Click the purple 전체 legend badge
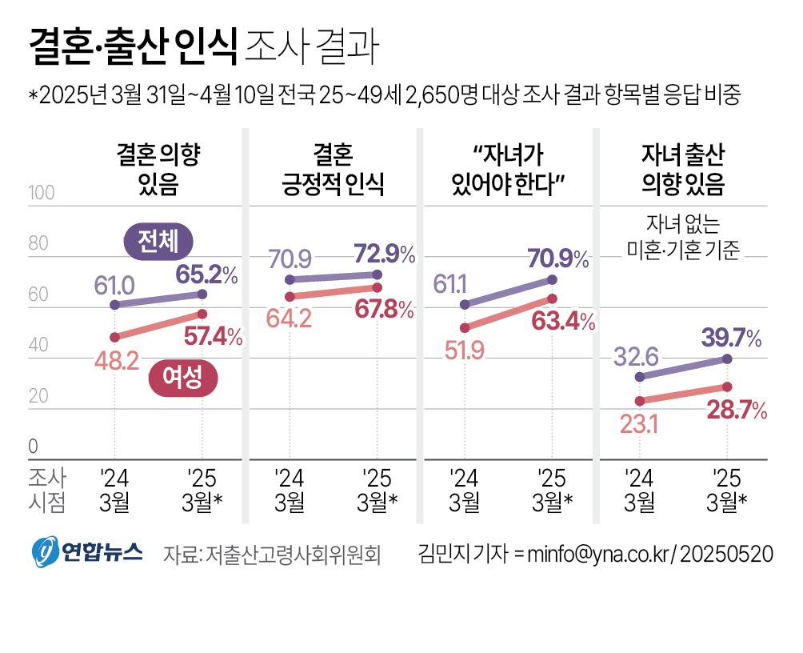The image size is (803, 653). (x=163, y=241)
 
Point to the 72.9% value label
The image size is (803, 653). (x=383, y=254)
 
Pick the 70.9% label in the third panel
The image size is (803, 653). (x=558, y=258)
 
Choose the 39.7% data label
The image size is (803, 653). (x=731, y=339)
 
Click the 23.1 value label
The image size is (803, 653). (x=638, y=424)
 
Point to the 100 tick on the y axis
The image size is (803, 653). (x=41, y=193)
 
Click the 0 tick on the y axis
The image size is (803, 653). (x=34, y=446)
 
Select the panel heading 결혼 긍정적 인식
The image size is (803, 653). (x=333, y=170)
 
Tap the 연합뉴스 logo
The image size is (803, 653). (x=86, y=551)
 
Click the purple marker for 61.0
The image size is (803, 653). (x=114, y=305)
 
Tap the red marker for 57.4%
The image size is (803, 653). (x=202, y=314)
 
